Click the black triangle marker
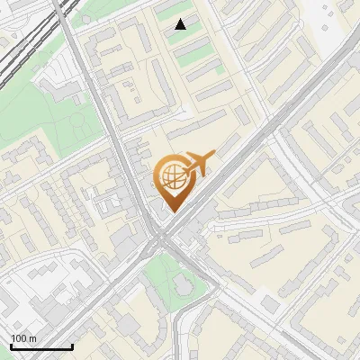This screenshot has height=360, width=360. pyautogui.click(x=181, y=24)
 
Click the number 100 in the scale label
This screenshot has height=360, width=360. pyautogui.click(x=19, y=338)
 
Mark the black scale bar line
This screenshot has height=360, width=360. pyautogui.click(x=41, y=346)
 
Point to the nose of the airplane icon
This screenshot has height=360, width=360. pyautogui.click(x=213, y=157)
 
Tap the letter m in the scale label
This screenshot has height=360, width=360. pyautogui.click(x=33, y=338)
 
